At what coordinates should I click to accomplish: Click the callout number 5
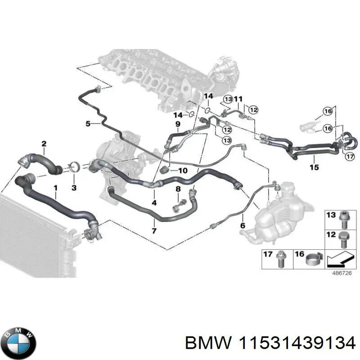click(88, 123)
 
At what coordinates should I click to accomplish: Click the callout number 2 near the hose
click(44, 144)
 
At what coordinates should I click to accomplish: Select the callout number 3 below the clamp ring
click(74, 186)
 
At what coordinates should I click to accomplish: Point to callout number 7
click(154, 231)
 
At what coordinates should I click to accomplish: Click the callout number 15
click(314, 167)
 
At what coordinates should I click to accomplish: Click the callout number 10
click(183, 171)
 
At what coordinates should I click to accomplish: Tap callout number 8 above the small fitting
click(178, 189)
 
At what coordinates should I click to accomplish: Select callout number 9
click(178, 124)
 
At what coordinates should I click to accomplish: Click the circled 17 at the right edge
click(350, 157)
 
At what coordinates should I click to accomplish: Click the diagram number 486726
click(341, 273)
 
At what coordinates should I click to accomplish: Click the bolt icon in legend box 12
click(342, 238)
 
